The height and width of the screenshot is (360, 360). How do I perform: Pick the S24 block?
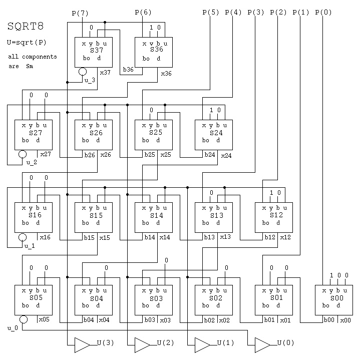click(x=213, y=135)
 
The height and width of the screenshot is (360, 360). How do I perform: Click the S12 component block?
click(x=273, y=217)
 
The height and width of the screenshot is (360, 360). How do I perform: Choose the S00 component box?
click(x=333, y=300)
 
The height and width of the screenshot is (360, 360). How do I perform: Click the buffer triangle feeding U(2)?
click(x=142, y=344)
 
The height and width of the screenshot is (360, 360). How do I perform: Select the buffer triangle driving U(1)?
click(x=202, y=344)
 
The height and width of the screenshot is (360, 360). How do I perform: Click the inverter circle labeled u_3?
click(x=83, y=72)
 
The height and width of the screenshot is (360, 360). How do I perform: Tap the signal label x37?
click(x=105, y=73)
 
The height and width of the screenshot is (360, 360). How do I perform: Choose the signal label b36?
click(x=128, y=70)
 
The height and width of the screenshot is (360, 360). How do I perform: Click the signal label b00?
click(x=328, y=320)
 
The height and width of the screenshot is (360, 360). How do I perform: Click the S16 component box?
click(x=33, y=217)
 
